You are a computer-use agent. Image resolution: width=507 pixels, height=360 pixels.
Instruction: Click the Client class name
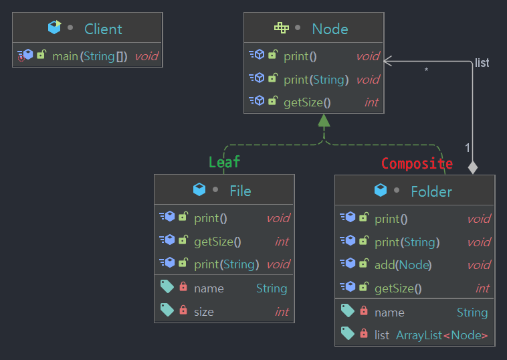[103, 29]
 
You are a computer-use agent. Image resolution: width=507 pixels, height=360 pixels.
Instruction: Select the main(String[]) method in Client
[90, 56]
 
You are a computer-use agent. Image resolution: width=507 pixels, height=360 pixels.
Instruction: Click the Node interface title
[330, 29]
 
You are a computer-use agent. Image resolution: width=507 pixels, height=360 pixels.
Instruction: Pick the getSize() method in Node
[307, 102]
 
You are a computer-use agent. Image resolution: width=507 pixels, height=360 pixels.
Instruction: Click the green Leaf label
[224, 162]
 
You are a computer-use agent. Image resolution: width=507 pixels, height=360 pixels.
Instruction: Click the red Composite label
[417, 164]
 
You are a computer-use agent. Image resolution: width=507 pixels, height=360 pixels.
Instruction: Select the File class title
[240, 191]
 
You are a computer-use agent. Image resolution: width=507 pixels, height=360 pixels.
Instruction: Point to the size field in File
[204, 311]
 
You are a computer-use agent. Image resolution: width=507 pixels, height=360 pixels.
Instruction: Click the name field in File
[209, 288]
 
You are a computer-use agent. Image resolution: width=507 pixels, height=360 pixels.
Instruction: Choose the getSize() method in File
[217, 242]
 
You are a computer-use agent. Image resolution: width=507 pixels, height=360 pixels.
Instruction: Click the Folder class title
[431, 191]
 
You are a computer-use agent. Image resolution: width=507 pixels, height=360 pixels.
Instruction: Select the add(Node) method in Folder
[403, 265]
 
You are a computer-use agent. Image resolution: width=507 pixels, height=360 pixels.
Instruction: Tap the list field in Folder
[382, 335]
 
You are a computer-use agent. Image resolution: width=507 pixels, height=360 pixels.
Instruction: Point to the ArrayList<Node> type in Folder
[441, 335]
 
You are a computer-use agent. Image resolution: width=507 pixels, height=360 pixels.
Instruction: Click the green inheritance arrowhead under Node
[324, 121]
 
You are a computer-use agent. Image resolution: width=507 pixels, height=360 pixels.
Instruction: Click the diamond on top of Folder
[473, 167]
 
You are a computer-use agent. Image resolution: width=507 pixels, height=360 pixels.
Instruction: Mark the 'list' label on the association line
[482, 63]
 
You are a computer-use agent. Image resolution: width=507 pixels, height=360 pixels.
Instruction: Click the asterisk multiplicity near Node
[426, 70]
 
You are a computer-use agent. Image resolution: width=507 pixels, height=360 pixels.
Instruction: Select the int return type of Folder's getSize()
[482, 288]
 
